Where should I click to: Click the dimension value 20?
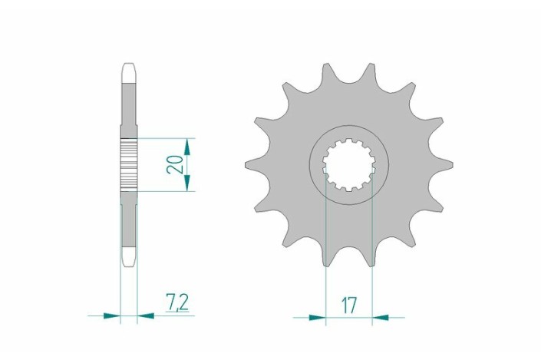click(x=176, y=164)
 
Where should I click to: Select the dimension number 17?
click(x=349, y=304)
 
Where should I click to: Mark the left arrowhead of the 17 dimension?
click(x=318, y=315)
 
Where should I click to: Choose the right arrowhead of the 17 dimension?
click(x=381, y=315)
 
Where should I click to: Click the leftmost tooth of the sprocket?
click(x=252, y=163)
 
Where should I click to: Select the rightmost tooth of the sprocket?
click(x=447, y=163)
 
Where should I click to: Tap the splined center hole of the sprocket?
click(x=349, y=164)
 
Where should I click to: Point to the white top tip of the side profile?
click(x=129, y=70)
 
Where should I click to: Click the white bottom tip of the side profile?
click(x=129, y=256)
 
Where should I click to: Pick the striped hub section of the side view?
click(x=129, y=164)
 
